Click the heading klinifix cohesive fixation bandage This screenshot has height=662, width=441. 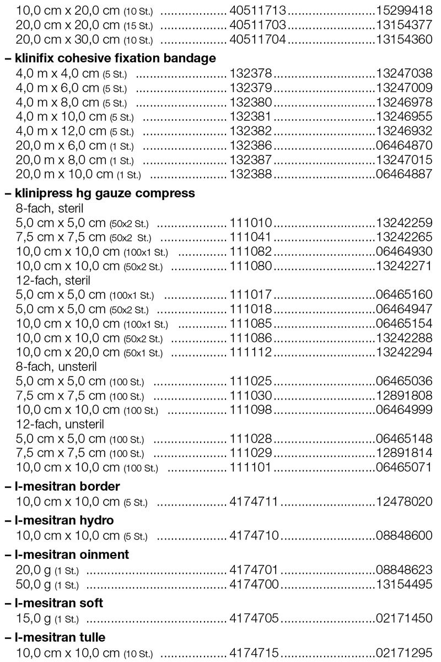(115, 58)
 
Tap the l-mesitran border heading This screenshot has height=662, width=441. (68, 486)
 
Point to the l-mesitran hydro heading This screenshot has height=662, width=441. (67, 520)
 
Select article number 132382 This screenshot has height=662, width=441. (251, 131)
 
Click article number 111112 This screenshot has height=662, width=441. (251, 352)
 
